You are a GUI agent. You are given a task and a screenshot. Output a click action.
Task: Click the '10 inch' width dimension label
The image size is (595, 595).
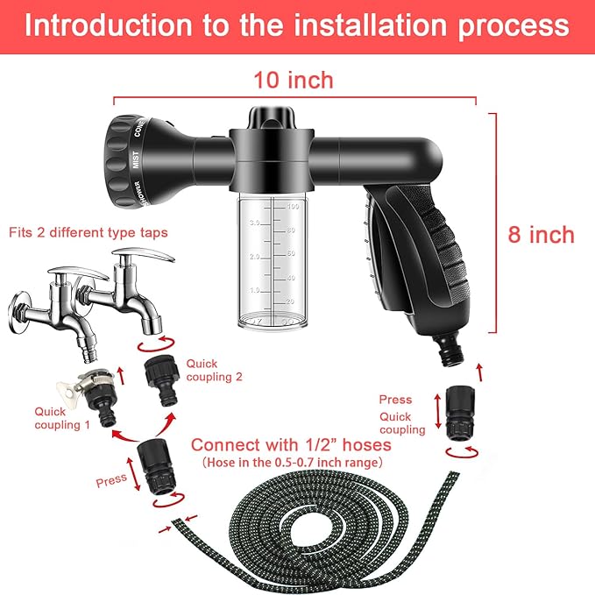click(293, 81)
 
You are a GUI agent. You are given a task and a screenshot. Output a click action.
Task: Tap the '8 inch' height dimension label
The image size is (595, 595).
click(541, 234)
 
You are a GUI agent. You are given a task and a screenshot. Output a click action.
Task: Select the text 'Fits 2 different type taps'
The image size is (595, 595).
click(89, 232)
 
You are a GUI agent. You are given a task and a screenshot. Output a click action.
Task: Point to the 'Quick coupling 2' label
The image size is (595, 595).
click(213, 370)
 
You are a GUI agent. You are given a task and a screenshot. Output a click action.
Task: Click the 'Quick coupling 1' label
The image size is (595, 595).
click(62, 417)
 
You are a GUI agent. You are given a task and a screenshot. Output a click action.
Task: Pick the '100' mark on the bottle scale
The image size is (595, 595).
click(294, 207)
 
